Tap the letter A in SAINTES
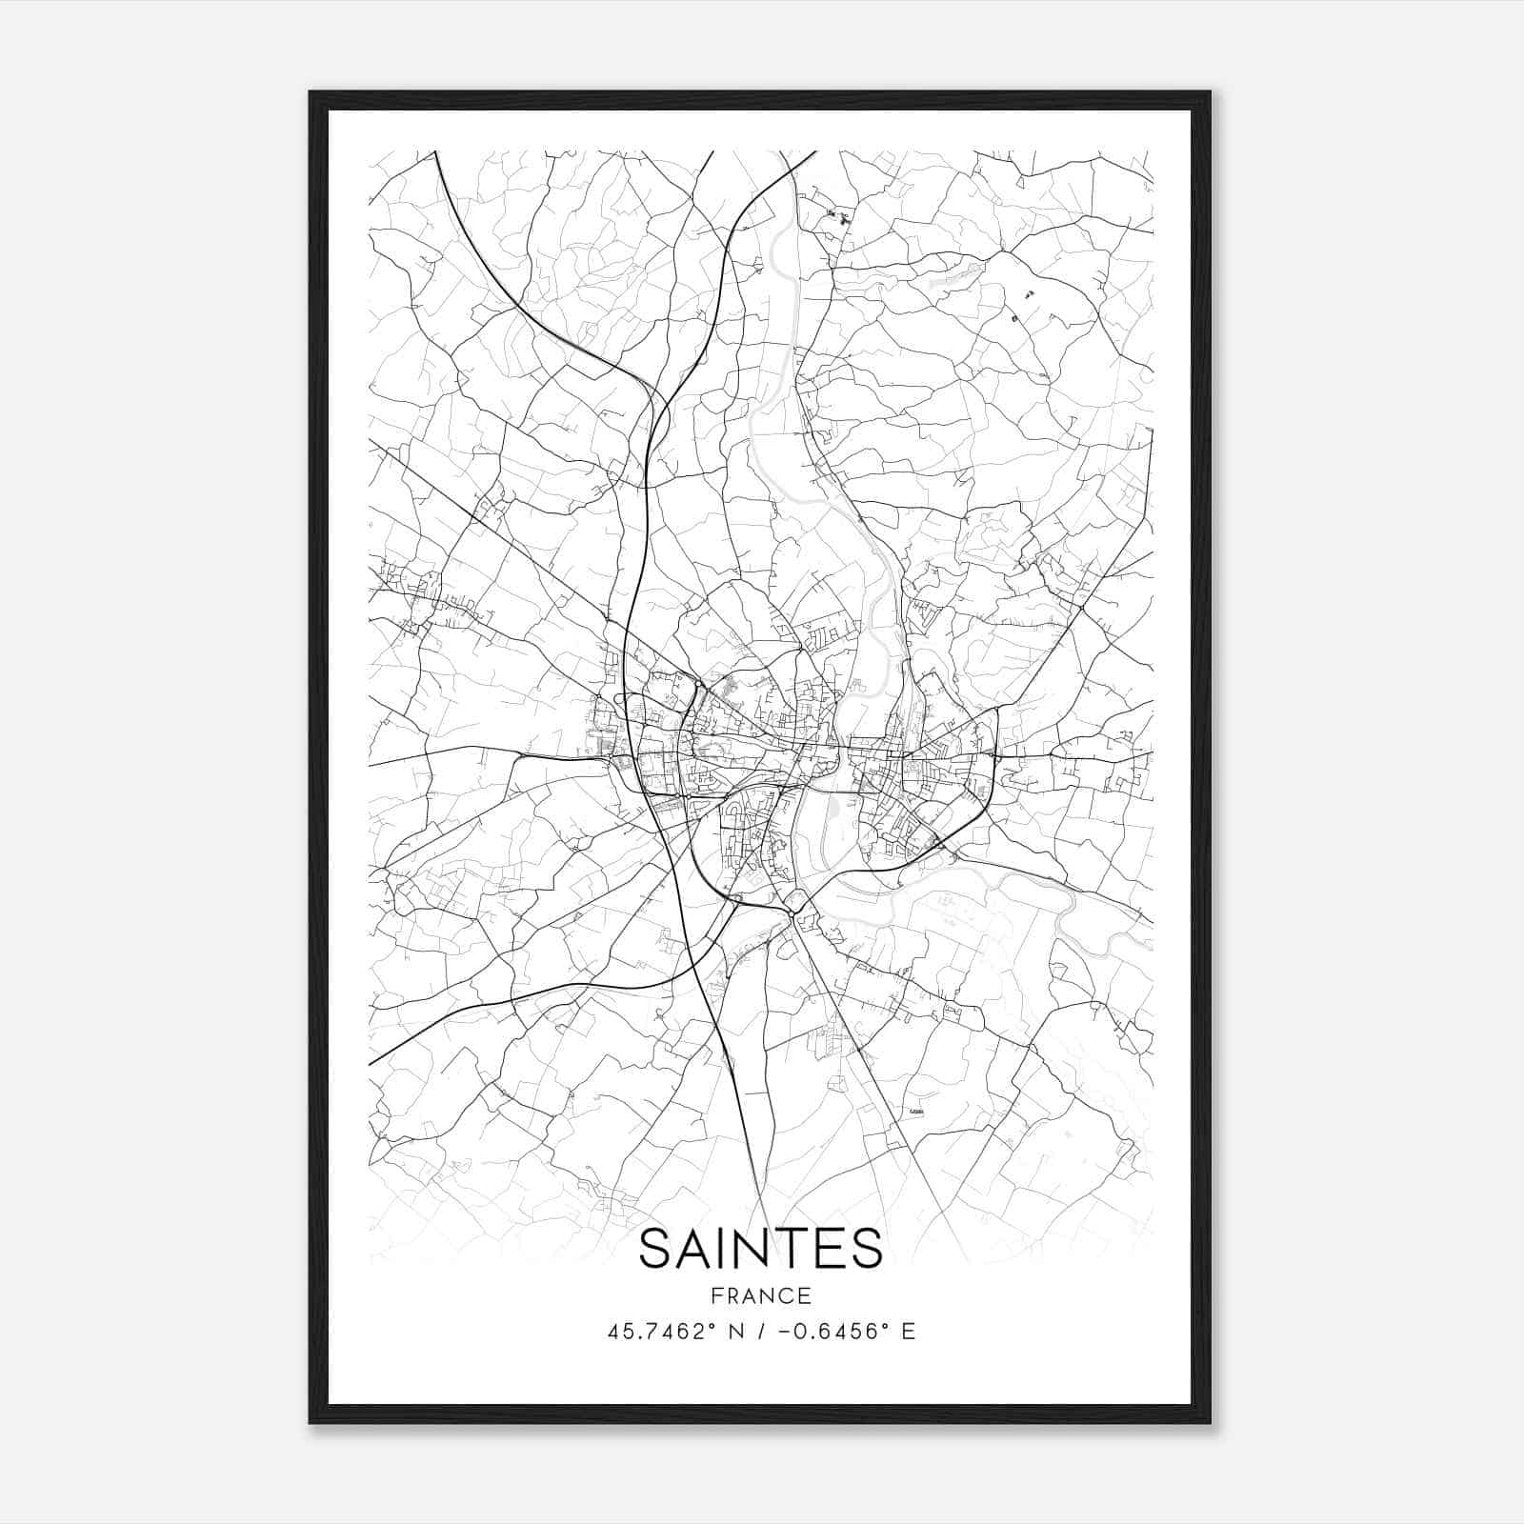click(696, 1249)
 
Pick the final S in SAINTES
click(865, 1249)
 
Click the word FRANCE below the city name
click(761, 1295)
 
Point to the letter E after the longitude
click(909, 1332)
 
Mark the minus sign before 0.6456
click(783, 1332)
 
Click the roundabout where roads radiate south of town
click(792, 912)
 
